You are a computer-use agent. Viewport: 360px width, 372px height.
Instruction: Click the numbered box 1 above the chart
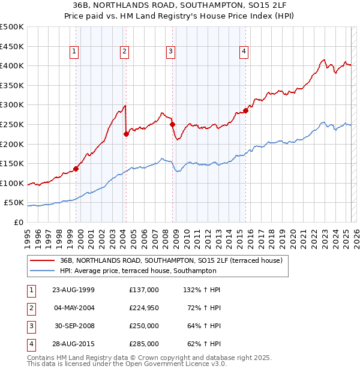coord(74,52)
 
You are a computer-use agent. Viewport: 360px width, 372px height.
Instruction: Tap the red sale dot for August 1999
coord(76,169)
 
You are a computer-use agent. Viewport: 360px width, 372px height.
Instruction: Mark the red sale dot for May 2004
coord(126,134)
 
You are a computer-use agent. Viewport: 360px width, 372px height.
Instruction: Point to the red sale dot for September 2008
coord(172,124)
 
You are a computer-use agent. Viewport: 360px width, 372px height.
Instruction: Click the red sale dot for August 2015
coord(245,110)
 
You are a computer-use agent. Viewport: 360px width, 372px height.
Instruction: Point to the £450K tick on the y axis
coord(12,46)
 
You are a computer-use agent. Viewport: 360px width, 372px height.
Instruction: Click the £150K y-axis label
coord(12,163)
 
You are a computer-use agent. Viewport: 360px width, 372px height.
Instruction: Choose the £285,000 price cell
coord(144,344)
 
